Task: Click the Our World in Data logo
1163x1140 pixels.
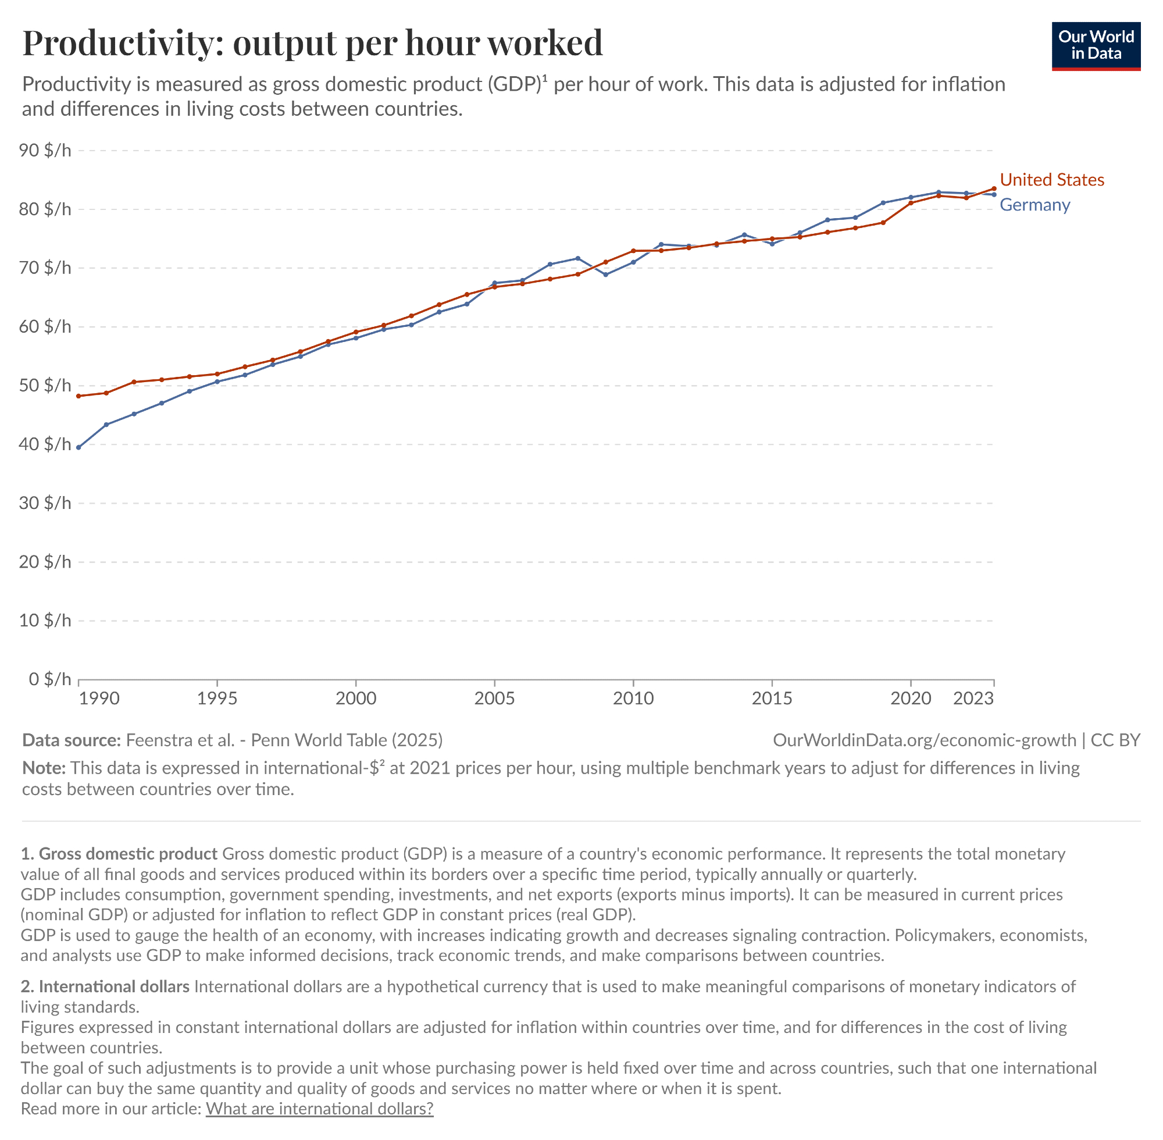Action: [1096, 46]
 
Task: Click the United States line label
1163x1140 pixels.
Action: [1052, 180]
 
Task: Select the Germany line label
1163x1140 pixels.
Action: [1034, 205]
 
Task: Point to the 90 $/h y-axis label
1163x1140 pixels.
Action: [45, 150]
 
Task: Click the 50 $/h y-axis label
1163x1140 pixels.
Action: [45, 385]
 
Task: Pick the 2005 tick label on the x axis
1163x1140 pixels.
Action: [494, 698]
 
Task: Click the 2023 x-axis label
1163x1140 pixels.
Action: [973, 698]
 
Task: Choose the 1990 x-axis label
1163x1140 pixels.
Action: [99, 698]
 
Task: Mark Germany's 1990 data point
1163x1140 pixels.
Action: [79, 447]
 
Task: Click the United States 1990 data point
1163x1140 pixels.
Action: [79, 396]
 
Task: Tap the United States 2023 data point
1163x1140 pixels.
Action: [994, 188]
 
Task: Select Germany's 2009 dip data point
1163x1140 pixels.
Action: [606, 275]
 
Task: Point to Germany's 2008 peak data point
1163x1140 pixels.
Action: [577, 258]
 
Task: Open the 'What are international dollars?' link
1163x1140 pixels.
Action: [319, 1108]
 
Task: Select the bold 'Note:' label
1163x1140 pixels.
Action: [44, 768]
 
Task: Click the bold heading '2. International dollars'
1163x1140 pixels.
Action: [105, 986]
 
